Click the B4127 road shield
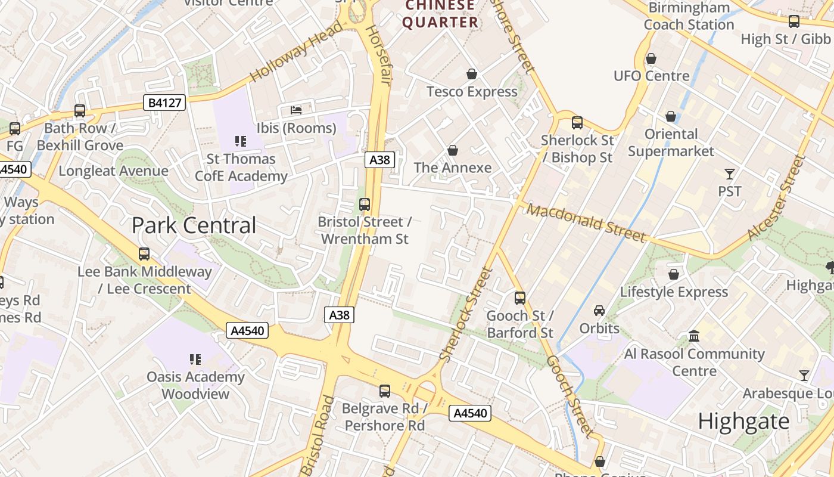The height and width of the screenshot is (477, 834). [x=164, y=103]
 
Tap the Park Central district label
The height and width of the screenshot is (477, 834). [x=194, y=225]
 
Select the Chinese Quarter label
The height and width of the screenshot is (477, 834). [x=440, y=14]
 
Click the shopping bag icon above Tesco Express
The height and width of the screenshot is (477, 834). [x=472, y=74]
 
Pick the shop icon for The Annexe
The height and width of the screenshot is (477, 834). [x=453, y=150]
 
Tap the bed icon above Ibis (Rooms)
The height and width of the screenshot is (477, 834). [x=296, y=110]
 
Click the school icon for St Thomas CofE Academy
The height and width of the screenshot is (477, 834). [x=241, y=141]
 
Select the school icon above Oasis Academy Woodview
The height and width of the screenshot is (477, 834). [x=195, y=360]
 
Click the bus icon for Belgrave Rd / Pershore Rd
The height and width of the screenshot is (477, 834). [x=385, y=391]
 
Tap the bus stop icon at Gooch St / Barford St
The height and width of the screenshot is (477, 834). [x=520, y=298]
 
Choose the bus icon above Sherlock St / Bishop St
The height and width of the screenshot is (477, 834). [x=577, y=123]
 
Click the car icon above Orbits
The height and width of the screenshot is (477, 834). [x=599, y=311]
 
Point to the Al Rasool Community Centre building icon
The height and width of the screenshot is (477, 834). [x=694, y=336]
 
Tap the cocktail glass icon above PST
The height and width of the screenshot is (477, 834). [x=730, y=174]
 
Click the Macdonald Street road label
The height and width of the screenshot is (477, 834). [x=586, y=224]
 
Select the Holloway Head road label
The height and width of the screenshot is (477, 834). [x=296, y=51]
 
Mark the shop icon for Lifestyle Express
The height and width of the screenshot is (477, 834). [x=674, y=274]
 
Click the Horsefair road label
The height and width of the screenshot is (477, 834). [x=377, y=55]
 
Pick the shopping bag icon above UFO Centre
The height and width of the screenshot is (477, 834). [x=651, y=58]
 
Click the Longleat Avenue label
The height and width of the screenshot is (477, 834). [x=113, y=171]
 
